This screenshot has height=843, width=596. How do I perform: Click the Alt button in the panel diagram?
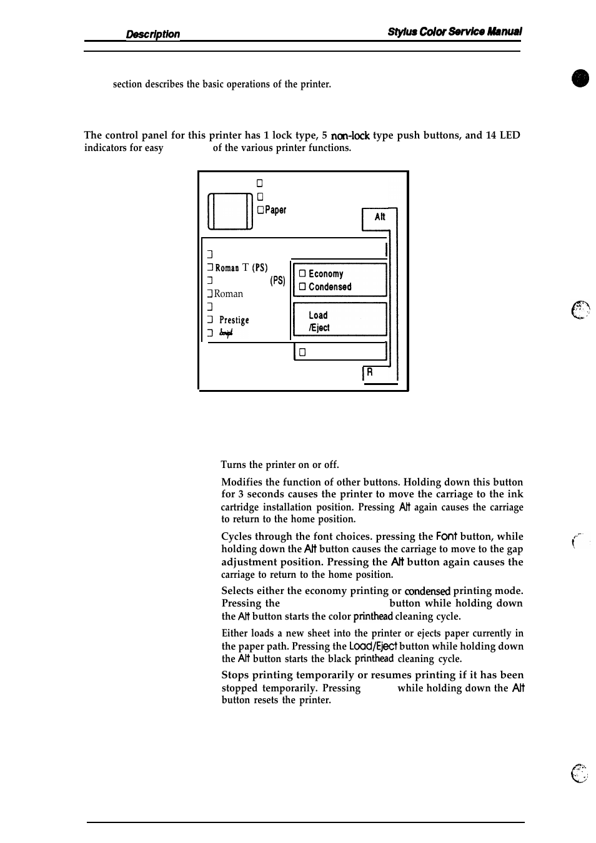[x=379, y=217]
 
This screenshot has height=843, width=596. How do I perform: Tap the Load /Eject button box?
[x=340, y=321]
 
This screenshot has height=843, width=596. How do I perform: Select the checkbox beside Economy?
[x=302, y=274]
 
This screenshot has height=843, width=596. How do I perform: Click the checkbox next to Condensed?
[x=302, y=287]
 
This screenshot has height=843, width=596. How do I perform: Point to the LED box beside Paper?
[x=260, y=210]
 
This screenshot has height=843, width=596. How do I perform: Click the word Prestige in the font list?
[x=234, y=320]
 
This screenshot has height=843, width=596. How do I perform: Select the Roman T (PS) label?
[x=241, y=268]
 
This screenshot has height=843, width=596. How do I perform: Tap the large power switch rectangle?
[x=230, y=212]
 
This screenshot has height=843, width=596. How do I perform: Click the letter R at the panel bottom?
[x=369, y=372]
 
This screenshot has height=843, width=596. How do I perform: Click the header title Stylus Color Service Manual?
[x=454, y=32]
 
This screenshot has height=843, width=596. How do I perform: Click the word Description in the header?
[x=152, y=34]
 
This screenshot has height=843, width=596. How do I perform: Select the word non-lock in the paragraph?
[x=350, y=135]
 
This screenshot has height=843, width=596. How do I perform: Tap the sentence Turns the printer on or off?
[x=280, y=465]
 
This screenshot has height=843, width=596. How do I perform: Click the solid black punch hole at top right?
[x=580, y=79]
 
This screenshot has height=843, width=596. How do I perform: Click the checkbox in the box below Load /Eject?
[x=302, y=353]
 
